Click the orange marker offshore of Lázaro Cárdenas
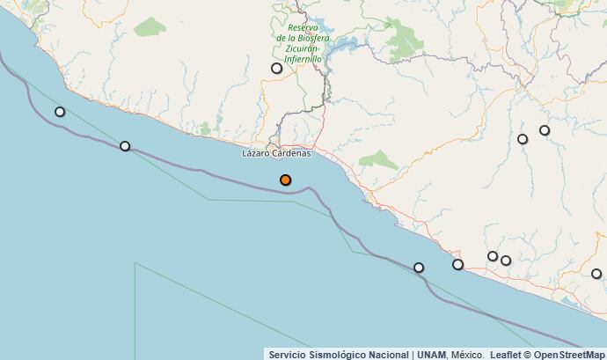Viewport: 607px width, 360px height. pyautogui.click(x=285, y=180)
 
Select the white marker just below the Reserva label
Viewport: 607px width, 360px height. pyautogui.click(x=276, y=68)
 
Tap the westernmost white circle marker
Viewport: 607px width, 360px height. pyautogui.click(x=60, y=112)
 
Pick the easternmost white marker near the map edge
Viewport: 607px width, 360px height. pyautogui.click(x=596, y=274)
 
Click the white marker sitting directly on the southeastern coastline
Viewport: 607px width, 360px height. pyautogui.click(x=457, y=264)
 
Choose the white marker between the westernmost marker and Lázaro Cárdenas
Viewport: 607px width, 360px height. pyautogui.click(x=125, y=146)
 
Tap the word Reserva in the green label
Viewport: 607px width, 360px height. pyautogui.click(x=303, y=27)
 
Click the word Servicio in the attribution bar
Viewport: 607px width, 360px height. pyautogui.click(x=287, y=354)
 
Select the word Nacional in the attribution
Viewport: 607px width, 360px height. pyautogui.click(x=390, y=354)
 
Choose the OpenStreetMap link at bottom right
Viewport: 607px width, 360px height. pyautogui.click(x=569, y=354)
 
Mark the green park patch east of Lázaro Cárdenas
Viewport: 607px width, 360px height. pyautogui.click(x=380, y=160)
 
